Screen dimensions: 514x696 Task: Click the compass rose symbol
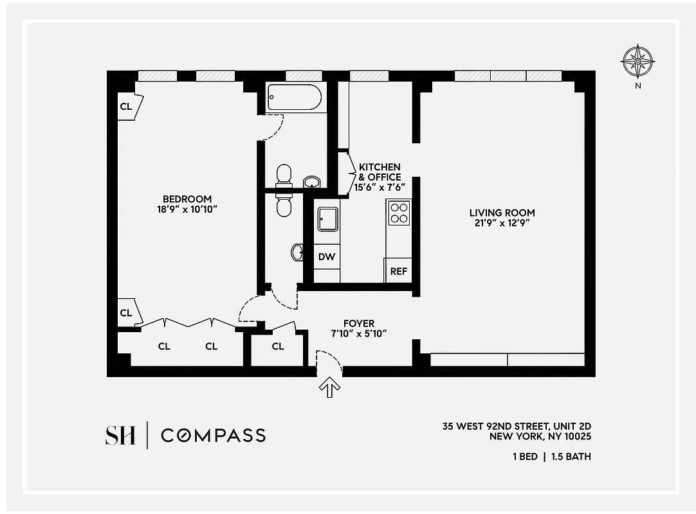[637, 62]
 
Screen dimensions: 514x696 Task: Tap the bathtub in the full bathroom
[293, 98]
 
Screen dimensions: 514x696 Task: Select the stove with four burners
[399, 212]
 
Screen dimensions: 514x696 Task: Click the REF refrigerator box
[398, 271]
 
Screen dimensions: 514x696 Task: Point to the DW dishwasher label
[327, 257]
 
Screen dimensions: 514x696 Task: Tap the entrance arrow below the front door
[329, 387]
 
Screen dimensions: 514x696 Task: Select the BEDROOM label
[187, 199]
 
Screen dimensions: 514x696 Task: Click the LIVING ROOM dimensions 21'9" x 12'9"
[502, 223]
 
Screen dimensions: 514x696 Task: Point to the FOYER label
[358, 323]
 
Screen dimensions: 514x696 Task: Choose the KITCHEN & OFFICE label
[380, 172]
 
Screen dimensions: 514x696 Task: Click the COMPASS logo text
[213, 435]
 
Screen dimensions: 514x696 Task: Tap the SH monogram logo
[120, 435]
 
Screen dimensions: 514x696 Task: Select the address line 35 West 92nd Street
[516, 426]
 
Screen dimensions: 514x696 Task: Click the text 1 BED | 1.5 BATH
[552, 457]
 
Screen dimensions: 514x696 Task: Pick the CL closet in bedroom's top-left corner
[127, 106]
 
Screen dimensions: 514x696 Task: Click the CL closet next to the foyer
[277, 346]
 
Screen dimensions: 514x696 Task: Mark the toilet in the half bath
[284, 204]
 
